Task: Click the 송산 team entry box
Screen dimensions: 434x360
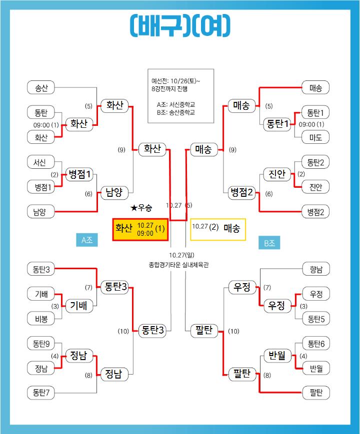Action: pyautogui.click(x=41, y=88)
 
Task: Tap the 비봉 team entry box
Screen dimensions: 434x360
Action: pyautogui.click(x=41, y=319)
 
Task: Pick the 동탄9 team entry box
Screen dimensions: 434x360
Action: pyautogui.click(x=41, y=344)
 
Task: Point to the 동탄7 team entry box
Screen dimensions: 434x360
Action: pyautogui.click(x=41, y=393)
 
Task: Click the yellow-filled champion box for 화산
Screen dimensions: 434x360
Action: pyautogui.click(x=140, y=229)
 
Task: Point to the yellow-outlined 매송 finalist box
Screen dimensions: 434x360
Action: pyautogui.click(x=218, y=229)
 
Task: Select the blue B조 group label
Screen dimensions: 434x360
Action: pyautogui.click(x=269, y=243)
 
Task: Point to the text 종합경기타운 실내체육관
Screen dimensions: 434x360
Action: pyautogui.click(x=178, y=264)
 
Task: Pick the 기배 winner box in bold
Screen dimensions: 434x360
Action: pyautogui.click(x=79, y=306)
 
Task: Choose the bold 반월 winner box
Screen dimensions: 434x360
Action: pyautogui.click(x=276, y=356)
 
